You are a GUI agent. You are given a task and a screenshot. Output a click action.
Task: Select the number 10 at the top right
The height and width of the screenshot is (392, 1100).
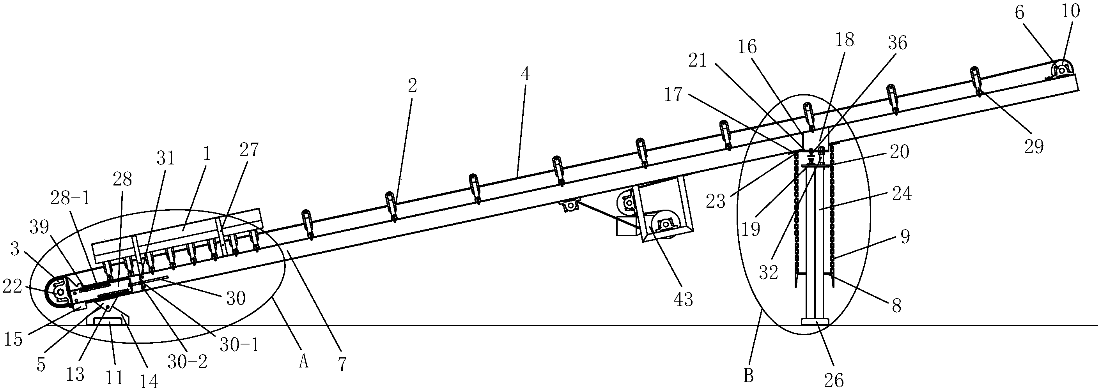(1070, 11)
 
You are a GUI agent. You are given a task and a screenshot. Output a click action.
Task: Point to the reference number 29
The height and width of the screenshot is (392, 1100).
(1034, 146)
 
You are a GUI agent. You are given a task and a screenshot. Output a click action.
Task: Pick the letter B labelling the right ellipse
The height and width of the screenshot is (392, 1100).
(748, 376)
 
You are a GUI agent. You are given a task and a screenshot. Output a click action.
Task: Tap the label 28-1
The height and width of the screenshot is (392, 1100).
(71, 198)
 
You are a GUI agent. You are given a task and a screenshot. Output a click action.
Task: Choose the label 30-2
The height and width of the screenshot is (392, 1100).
(188, 362)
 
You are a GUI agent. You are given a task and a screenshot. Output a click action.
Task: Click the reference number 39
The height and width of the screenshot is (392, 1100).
(39, 227)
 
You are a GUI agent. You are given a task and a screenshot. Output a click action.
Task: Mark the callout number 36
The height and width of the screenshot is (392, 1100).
(898, 42)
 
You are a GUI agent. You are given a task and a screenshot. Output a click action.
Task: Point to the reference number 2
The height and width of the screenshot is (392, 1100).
(412, 86)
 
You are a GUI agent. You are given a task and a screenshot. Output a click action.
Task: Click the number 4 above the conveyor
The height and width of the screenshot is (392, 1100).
(525, 74)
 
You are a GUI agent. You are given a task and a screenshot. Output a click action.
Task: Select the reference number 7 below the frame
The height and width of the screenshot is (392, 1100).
(342, 364)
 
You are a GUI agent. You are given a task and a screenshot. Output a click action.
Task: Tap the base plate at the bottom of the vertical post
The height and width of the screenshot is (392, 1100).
(815, 321)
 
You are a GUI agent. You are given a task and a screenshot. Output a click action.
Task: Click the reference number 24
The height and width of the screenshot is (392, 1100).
(902, 194)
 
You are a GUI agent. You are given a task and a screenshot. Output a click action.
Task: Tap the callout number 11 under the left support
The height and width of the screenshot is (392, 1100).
(114, 378)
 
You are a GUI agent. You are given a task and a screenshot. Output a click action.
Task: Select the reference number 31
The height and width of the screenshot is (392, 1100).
(166, 159)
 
